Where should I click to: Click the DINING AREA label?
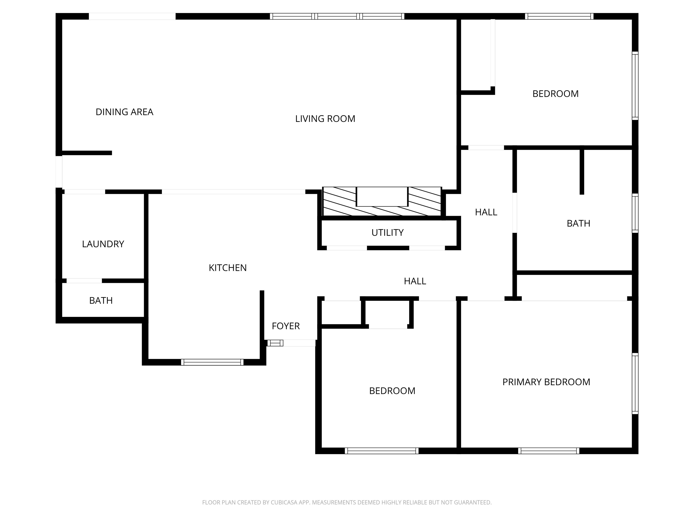124,112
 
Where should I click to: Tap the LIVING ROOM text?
325,119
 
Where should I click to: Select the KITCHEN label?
227,268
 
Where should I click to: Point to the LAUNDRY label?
103,244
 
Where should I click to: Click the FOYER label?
286,326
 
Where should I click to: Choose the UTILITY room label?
387,232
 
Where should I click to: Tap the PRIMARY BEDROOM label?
546,382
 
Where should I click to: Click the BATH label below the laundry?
101,301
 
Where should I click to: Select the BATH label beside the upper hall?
578,223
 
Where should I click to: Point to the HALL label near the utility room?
486,212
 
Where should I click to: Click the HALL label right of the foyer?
415,281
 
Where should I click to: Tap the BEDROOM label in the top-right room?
555,94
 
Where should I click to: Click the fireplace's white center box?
382,197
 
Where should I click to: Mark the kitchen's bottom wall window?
212,362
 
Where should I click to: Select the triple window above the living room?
337,16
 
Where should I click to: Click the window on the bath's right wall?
635,213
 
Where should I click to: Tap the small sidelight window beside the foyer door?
275,343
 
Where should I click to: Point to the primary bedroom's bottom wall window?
549,451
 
